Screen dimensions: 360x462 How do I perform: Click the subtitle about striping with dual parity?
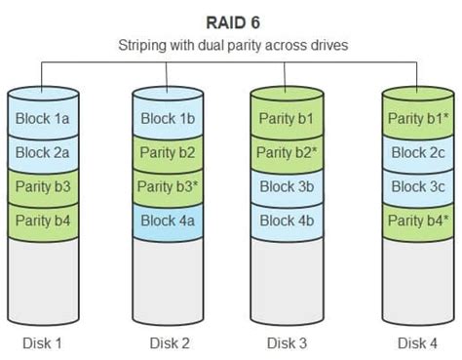(x=231, y=45)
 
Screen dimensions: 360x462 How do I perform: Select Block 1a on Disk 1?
(x=41, y=119)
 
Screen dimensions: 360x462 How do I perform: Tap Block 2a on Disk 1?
(x=41, y=152)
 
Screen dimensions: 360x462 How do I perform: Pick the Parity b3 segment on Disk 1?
(x=41, y=185)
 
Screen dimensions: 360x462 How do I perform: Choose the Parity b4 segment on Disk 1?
(x=41, y=219)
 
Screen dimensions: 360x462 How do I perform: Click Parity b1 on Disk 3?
(x=286, y=119)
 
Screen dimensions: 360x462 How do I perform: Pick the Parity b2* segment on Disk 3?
(x=286, y=152)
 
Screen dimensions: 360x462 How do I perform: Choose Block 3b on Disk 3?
(x=286, y=185)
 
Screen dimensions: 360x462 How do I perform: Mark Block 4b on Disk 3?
(x=286, y=219)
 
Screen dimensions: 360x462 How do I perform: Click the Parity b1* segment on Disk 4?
(x=418, y=119)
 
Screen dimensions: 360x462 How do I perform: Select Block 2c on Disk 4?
(x=418, y=152)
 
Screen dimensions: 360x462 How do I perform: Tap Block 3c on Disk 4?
(x=418, y=185)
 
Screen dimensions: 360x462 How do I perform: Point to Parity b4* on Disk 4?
(x=418, y=219)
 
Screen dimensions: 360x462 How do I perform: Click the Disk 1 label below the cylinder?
(x=41, y=342)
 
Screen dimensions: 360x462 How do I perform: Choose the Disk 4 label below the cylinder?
(x=418, y=342)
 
